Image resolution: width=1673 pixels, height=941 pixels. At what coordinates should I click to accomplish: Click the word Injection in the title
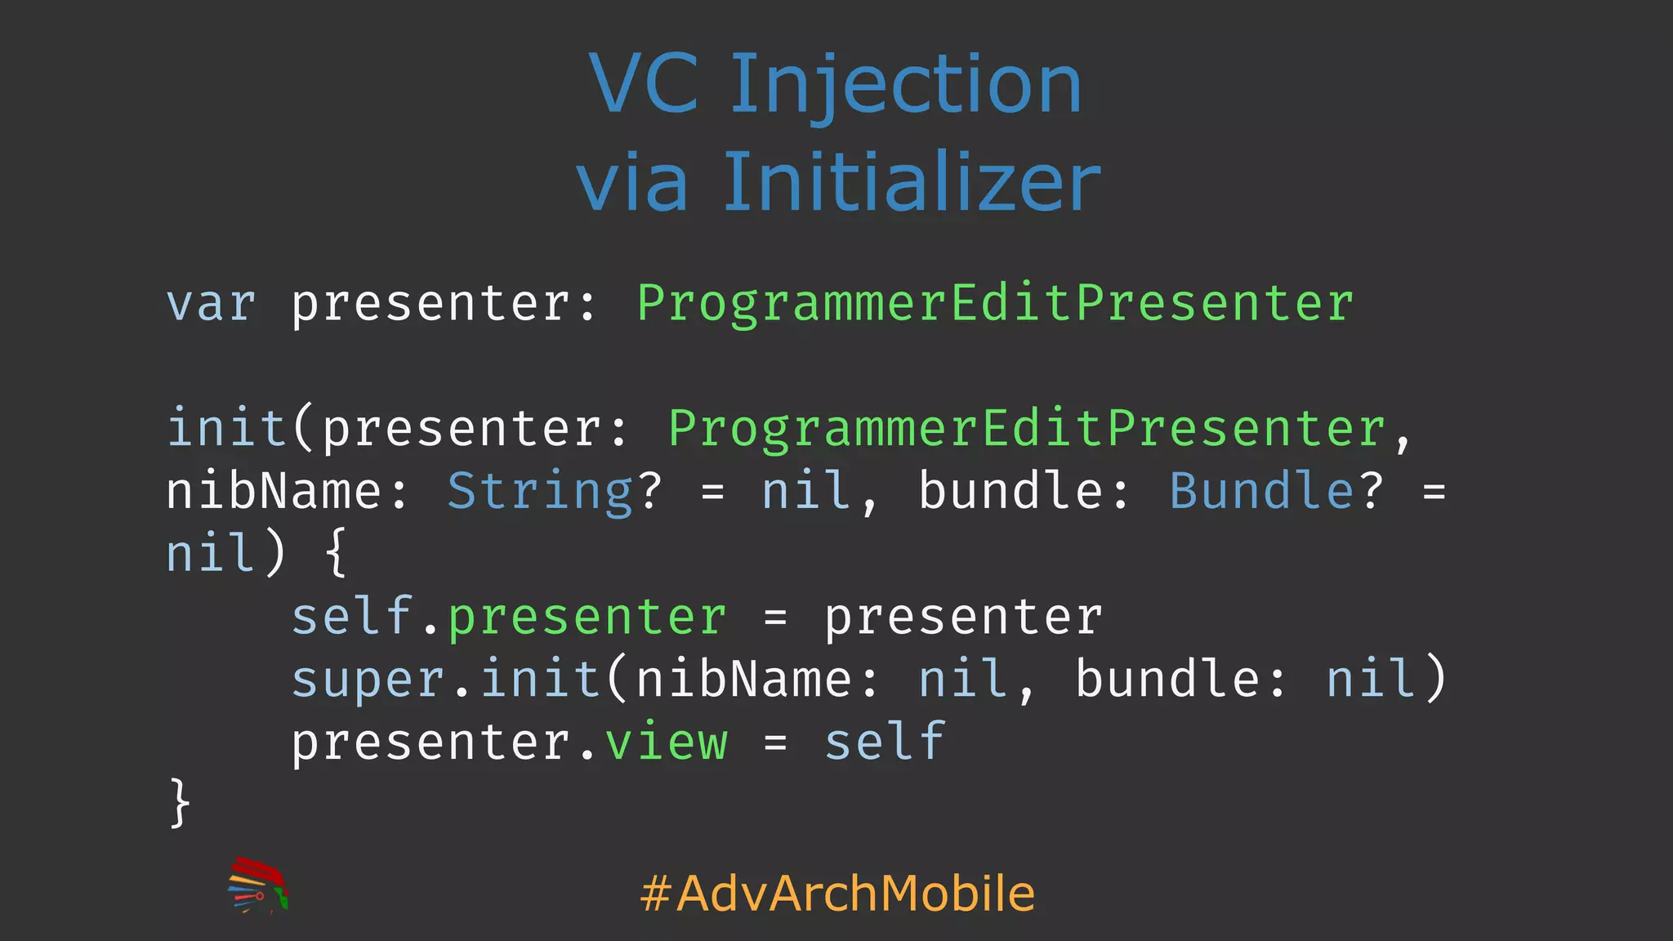tap(905, 85)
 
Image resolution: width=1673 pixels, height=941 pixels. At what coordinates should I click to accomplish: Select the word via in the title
tap(632, 183)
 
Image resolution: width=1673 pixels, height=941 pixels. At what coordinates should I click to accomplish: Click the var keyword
tap(211, 305)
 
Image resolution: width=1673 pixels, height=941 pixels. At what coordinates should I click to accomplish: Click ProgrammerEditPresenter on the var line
tap(994, 305)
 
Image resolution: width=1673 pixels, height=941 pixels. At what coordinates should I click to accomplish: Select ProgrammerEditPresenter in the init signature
tap(1026, 430)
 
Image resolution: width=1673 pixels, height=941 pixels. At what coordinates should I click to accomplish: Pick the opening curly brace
tap(336, 554)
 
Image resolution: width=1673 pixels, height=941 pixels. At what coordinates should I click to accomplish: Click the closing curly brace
tap(181, 804)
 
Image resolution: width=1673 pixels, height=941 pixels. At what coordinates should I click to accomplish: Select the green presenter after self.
tap(587, 618)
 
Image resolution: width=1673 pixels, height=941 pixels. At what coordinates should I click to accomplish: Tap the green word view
tap(666, 743)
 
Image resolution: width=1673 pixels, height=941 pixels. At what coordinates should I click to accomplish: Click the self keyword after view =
tap(884, 743)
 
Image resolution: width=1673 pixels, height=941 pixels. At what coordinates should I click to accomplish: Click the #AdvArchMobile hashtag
tap(837, 893)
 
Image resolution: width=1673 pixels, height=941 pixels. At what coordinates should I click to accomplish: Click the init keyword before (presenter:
tap(226, 430)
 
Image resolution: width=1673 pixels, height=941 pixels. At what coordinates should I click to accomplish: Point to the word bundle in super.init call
tap(1167, 680)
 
